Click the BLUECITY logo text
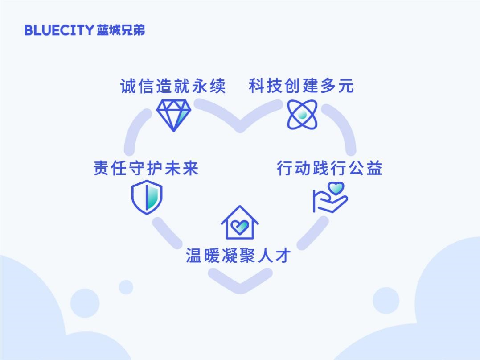pos(59,30)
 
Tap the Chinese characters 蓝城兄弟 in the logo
pos(121,30)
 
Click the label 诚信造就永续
pos(173,86)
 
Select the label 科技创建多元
pos(302,86)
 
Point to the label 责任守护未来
pos(146,168)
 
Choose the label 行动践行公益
pos(330,168)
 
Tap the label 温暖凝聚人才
pos(238,256)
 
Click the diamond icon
pos(173,116)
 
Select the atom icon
pos(302,115)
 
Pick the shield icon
pos(147,197)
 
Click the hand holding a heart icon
pos(330,198)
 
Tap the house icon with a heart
pos(240,223)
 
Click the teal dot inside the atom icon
pos(302,115)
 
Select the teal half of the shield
pos(153,197)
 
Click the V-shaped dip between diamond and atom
pos(240,126)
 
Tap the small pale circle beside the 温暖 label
pos(126,287)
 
